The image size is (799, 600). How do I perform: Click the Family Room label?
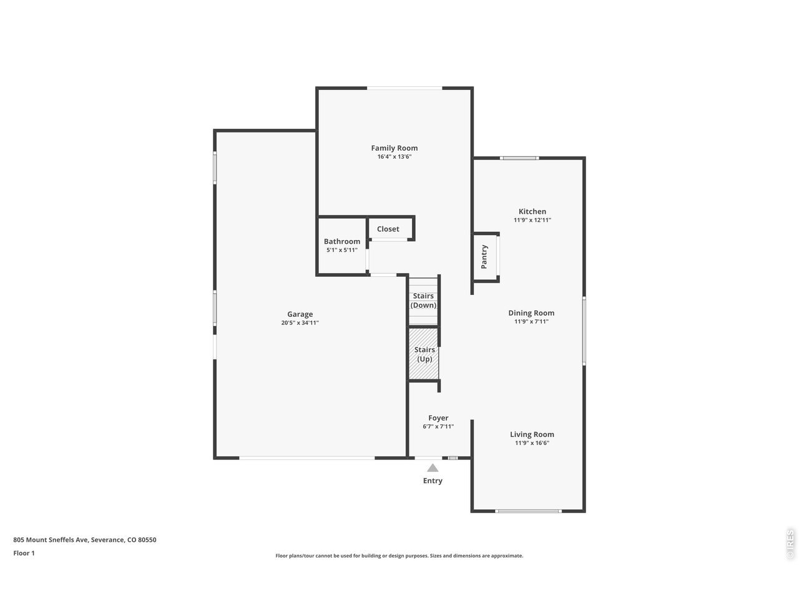(x=395, y=148)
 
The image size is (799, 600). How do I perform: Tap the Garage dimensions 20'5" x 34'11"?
(x=300, y=322)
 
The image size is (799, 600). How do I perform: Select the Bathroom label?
(x=342, y=241)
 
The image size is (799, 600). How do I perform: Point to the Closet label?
(x=388, y=229)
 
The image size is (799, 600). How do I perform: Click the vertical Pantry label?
(x=484, y=257)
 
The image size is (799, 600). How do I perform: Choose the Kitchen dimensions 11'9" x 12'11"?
(x=532, y=220)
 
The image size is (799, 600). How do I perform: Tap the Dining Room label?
(x=531, y=313)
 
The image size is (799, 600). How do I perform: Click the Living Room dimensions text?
(x=532, y=443)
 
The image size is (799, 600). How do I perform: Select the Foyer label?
(x=438, y=418)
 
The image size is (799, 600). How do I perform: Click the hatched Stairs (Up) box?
(x=423, y=354)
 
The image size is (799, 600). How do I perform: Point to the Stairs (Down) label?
(x=423, y=301)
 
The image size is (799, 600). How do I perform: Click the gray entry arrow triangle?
(x=433, y=468)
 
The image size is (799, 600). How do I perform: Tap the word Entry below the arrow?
(x=433, y=481)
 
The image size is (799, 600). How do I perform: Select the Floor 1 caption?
(x=24, y=553)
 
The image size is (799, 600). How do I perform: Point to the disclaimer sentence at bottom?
(x=399, y=556)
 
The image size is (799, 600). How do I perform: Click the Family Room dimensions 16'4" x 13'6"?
(x=395, y=157)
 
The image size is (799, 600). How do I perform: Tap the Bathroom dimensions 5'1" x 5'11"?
(x=342, y=250)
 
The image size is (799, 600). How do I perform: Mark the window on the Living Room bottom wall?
(x=528, y=511)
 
